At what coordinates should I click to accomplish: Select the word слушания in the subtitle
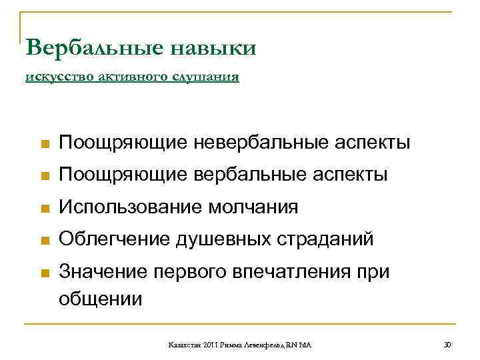point(207,77)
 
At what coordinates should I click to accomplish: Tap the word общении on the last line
point(101,298)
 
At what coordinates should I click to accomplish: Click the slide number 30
point(447,344)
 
